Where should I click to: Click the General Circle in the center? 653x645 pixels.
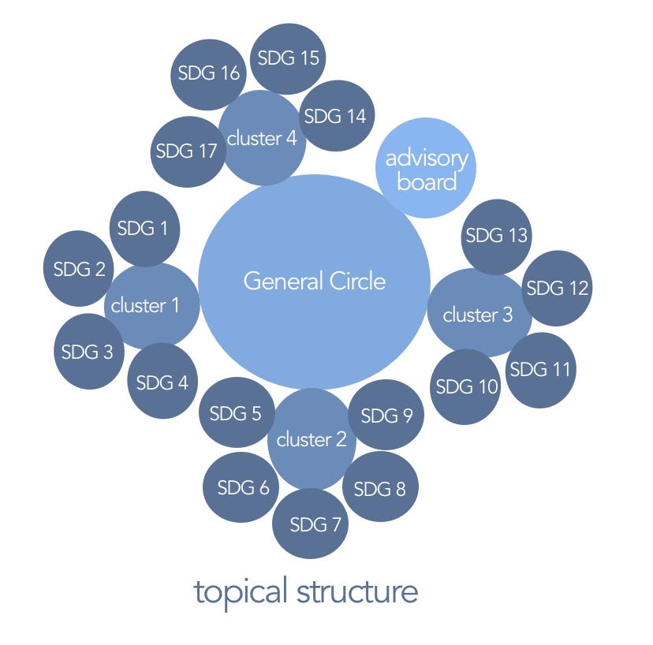(314, 281)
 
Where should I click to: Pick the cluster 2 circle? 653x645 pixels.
(311, 439)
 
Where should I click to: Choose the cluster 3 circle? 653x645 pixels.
(477, 315)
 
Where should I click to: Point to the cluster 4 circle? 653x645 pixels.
(262, 139)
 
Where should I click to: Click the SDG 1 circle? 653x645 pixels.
(143, 229)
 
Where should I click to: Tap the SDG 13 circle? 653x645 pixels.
(496, 235)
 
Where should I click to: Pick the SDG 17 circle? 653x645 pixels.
(186, 151)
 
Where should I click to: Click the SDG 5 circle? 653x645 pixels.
(236, 413)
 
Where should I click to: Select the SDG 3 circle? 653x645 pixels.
(90, 352)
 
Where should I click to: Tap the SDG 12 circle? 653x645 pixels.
(556, 288)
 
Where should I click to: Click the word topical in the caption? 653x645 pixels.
(241, 593)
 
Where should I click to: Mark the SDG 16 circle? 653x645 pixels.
(208, 74)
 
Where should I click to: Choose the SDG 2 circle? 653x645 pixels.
(79, 268)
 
